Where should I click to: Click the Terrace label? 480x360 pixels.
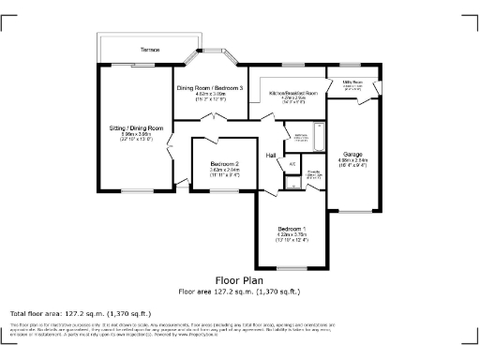click(x=149, y=49)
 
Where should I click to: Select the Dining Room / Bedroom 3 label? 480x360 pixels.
click(x=210, y=88)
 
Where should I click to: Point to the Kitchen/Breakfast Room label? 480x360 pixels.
click(x=293, y=94)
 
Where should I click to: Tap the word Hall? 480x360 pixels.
click(x=271, y=155)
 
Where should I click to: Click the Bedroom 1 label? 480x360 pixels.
click(x=290, y=229)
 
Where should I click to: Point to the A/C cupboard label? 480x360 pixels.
click(x=292, y=164)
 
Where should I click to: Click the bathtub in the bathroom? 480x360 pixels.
click(x=319, y=138)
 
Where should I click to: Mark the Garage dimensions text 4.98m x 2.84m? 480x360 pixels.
click(x=353, y=159)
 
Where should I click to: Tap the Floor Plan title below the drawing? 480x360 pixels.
click(x=239, y=280)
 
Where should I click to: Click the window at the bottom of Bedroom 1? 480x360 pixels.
click(x=289, y=269)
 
